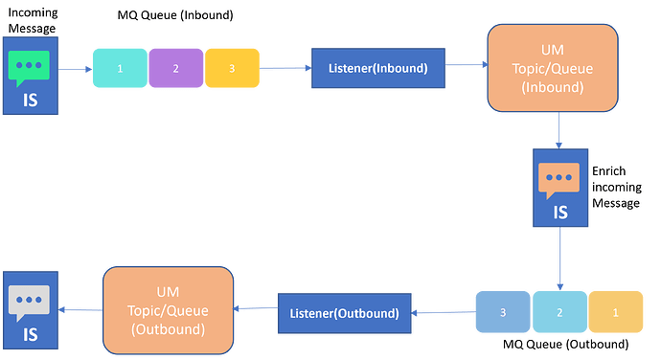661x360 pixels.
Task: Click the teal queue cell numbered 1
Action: (x=120, y=69)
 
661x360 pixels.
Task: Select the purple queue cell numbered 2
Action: (x=176, y=69)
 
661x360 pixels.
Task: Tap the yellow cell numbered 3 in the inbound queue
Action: (x=232, y=69)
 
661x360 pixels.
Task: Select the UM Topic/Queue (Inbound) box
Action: (x=552, y=67)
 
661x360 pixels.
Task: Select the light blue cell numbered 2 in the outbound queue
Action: (x=558, y=313)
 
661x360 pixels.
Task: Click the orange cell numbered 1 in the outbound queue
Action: (x=614, y=313)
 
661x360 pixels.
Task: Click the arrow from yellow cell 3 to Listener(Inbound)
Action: (x=285, y=68)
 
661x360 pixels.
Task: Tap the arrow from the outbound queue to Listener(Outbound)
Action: (x=443, y=312)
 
